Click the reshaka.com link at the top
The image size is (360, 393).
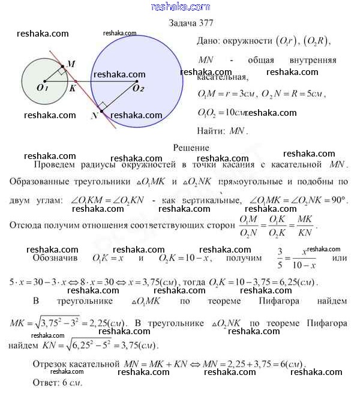(x=179, y=7)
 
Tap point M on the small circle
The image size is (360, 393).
(x=63, y=67)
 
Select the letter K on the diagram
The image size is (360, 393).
(x=71, y=88)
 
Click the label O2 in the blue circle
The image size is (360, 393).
(x=139, y=88)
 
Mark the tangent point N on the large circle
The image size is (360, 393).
(x=101, y=111)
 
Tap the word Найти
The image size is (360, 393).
(x=208, y=130)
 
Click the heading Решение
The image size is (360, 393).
(x=191, y=148)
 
